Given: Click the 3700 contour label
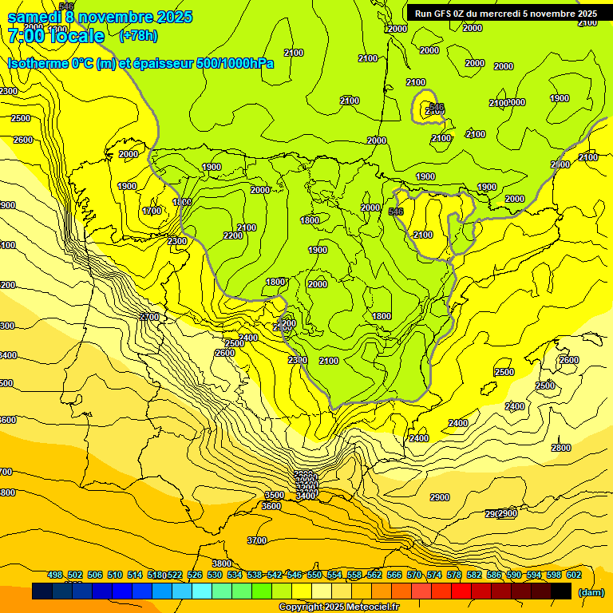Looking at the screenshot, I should pos(257,540).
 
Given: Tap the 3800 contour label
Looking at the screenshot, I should pos(222,564).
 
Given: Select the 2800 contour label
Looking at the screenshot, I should pos(561,448).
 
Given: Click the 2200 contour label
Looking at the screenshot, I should pos(233,235).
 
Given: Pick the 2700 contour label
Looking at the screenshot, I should pos(149,317).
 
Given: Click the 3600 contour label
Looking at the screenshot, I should pos(271,506).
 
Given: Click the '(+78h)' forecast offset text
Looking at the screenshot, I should pos(138,36).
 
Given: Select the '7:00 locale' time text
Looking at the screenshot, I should pos(56,36).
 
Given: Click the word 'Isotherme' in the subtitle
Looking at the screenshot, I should pos(36,64).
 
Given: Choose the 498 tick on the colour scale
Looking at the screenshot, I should pos(55,575).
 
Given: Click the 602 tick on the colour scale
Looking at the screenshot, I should pos(574,575).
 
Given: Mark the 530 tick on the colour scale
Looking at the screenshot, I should pos(215,575).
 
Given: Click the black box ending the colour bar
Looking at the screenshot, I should pos(561,591).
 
